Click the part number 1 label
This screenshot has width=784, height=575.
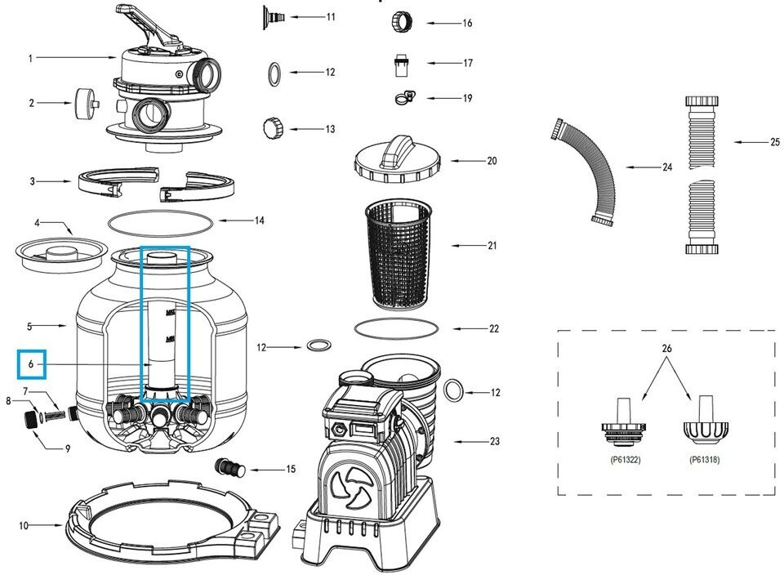point(30,58)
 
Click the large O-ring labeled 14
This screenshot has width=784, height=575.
point(160,221)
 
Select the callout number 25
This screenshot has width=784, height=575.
point(774,142)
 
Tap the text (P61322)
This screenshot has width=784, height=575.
point(625,460)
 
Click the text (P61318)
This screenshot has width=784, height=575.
point(704,460)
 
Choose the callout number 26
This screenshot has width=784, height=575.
point(666,349)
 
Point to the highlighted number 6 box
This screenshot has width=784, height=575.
point(31,363)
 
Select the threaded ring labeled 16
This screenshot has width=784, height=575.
point(403,21)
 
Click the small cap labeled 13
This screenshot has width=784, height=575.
point(272,128)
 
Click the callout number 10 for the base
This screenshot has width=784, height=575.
point(24,525)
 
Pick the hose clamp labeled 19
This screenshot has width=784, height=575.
point(403,98)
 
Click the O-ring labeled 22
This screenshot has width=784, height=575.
point(396,328)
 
